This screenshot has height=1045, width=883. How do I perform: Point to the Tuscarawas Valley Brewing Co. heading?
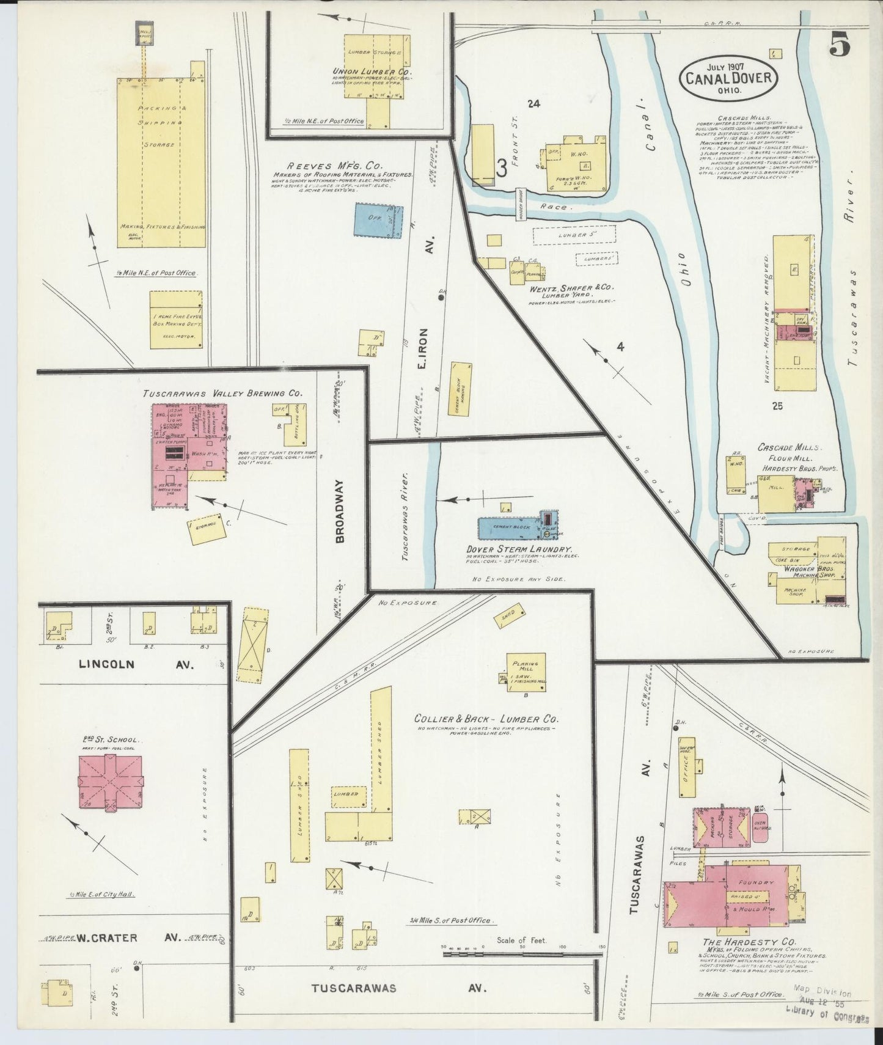tap(222, 394)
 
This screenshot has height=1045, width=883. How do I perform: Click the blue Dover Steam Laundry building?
tap(510, 527)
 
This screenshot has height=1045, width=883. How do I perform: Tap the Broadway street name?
tap(340, 511)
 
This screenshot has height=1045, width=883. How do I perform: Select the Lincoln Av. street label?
tap(136, 664)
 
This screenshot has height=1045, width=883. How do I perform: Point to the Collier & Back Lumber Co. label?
tap(486, 719)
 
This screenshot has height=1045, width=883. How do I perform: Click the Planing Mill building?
tap(526, 672)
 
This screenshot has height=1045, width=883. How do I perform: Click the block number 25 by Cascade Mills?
tap(777, 405)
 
